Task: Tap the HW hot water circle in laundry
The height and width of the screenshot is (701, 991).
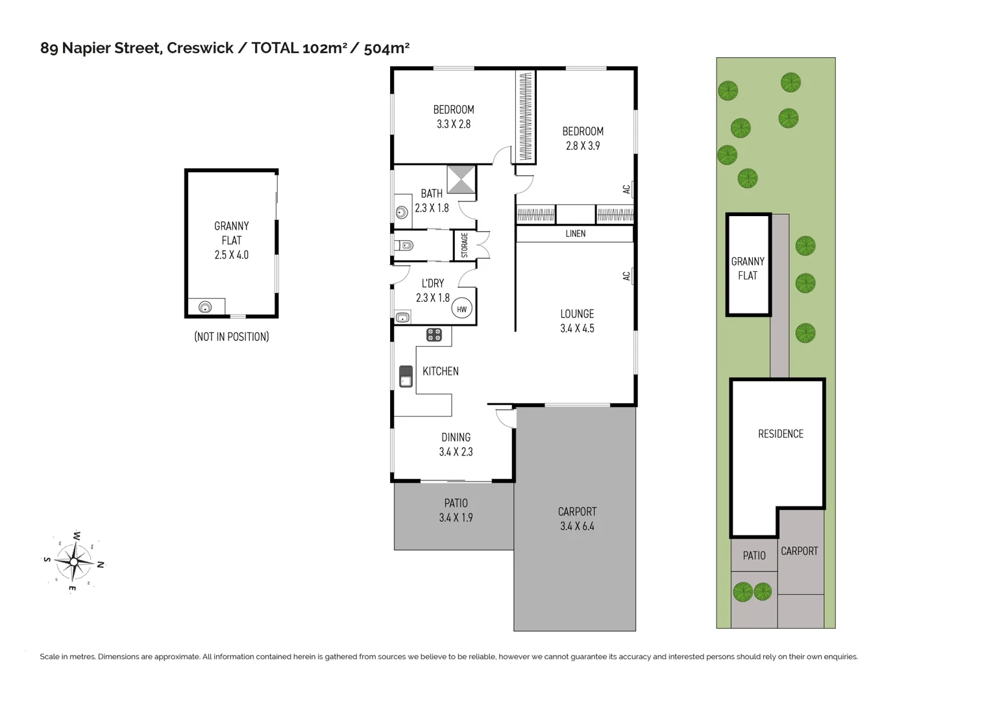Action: (x=461, y=310)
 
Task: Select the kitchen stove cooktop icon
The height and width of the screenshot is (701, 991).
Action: (x=434, y=335)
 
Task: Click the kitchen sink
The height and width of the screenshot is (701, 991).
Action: (x=406, y=376)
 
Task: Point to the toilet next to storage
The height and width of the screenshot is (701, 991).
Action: (x=404, y=245)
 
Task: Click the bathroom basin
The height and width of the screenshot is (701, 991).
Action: (x=402, y=212)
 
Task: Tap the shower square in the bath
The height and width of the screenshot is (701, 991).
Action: (x=461, y=180)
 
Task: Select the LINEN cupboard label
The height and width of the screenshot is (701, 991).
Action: (x=575, y=234)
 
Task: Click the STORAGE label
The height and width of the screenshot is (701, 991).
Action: (x=465, y=245)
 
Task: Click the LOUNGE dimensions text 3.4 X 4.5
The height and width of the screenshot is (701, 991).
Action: (x=577, y=328)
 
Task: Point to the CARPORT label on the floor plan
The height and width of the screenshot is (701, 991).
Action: (x=577, y=511)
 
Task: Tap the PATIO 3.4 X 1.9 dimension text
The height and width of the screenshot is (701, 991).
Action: (x=456, y=518)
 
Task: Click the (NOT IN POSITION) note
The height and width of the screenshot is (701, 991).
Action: (x=231, y=337)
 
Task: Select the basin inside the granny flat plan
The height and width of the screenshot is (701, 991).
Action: (x=205, y=307)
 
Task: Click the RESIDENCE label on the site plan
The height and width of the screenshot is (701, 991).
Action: (x=780, y=434)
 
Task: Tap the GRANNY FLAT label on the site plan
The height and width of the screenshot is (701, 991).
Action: (x=748, y=269)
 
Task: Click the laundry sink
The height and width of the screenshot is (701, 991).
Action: (x=402, y=317)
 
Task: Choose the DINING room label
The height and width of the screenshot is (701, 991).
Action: (x=456, y=437)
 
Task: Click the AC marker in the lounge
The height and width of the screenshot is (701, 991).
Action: (x=626, y=276)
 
